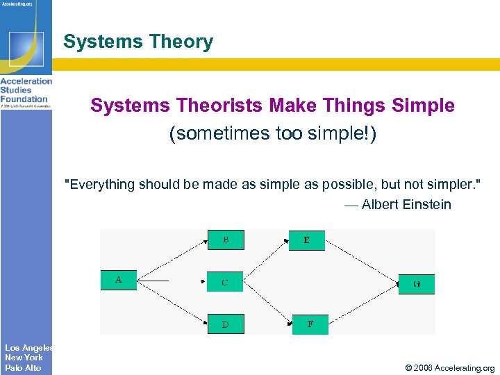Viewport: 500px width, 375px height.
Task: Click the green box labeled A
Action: click(x=119, y=280)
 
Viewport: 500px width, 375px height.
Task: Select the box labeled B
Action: click(x=226, y=240)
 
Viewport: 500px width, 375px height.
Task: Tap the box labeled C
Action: click(x=225, y=282)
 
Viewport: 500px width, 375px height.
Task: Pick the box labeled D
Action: click(x=226, y=324)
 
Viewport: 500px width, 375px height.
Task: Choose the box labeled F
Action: click(x=310, y=324)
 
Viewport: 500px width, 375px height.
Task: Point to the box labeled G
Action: click(x=416, y=284)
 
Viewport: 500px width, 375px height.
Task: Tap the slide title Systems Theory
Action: click(x=138, y=42)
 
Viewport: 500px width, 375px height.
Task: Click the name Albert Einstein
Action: click(x=406, y=204)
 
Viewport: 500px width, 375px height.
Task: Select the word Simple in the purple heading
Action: click(x=423, y=106)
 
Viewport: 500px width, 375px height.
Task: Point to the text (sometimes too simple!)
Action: click(x=273, y=133)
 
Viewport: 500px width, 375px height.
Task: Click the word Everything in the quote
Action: click(x=100, y=184)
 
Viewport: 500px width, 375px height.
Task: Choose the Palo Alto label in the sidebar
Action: click(x=23, y=368)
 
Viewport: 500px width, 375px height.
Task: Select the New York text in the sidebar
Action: click(x=24, y=358)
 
